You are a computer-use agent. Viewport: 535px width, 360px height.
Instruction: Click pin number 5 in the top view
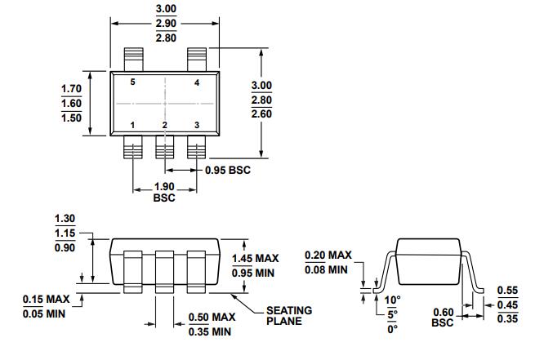pos(133,83)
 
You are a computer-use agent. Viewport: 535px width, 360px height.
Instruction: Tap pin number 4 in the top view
pos(197,83)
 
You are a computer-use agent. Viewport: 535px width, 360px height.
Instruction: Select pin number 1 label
pos(133,125)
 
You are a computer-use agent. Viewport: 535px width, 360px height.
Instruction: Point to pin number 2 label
pos(164,125)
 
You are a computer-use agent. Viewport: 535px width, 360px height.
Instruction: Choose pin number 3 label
pos(197,125)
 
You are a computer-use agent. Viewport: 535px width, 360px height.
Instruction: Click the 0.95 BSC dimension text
pos(227,171)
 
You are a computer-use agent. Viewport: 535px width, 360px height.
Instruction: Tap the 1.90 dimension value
pos(164,187)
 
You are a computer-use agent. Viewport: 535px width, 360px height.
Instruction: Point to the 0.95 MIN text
pos(255,273)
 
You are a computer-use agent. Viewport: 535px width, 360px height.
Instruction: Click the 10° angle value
pos(393,300)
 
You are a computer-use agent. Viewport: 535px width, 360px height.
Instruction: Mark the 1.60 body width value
pos(71,103)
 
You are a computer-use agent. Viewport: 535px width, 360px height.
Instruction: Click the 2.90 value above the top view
pos(165,24)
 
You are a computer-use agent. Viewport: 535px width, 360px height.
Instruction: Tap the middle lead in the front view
pos(164,269)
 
